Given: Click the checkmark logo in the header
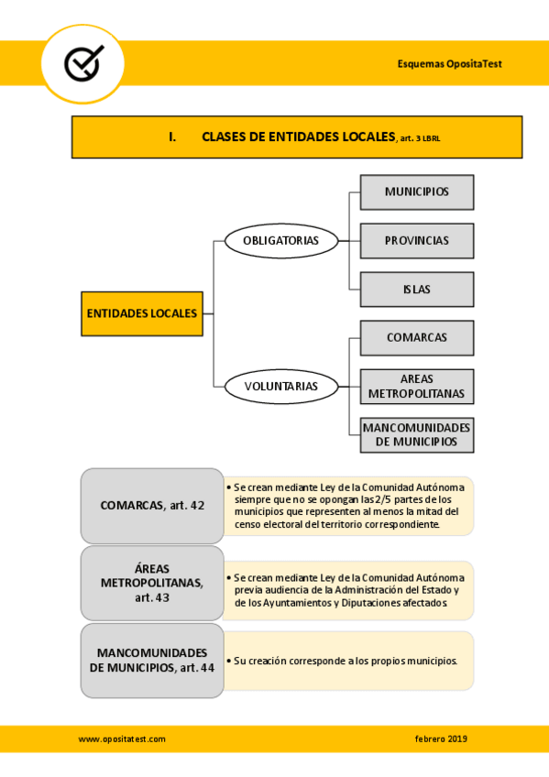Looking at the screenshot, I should coord(83,62).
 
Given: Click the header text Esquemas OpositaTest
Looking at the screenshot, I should coord(449,63).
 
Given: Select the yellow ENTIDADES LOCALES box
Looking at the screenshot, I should coord(142,313).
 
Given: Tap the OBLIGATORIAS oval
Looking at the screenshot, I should coord(280,241).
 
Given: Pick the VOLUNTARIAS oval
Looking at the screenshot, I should coord(280,386).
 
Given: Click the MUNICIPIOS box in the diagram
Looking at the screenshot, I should coord(417,192).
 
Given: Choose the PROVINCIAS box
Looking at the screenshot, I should coord(417,241).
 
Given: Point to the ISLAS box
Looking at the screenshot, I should coord(417,290).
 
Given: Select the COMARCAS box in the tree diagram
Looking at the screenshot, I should coord(417,338).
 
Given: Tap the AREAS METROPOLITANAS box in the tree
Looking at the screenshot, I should coord(417,387).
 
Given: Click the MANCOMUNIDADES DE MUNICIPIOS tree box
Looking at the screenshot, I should coord(417,435).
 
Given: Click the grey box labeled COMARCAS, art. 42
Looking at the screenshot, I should coord(152,506).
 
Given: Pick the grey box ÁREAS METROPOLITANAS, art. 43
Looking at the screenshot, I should coord(152,583).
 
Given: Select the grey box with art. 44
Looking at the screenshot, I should coord(152,660).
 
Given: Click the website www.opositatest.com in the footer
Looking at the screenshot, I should coord(122,739).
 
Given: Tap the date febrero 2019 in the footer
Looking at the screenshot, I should coord(441,739).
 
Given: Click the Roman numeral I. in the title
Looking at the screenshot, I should coord(172,137).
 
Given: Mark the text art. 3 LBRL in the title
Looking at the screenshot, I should coord(426,138).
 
